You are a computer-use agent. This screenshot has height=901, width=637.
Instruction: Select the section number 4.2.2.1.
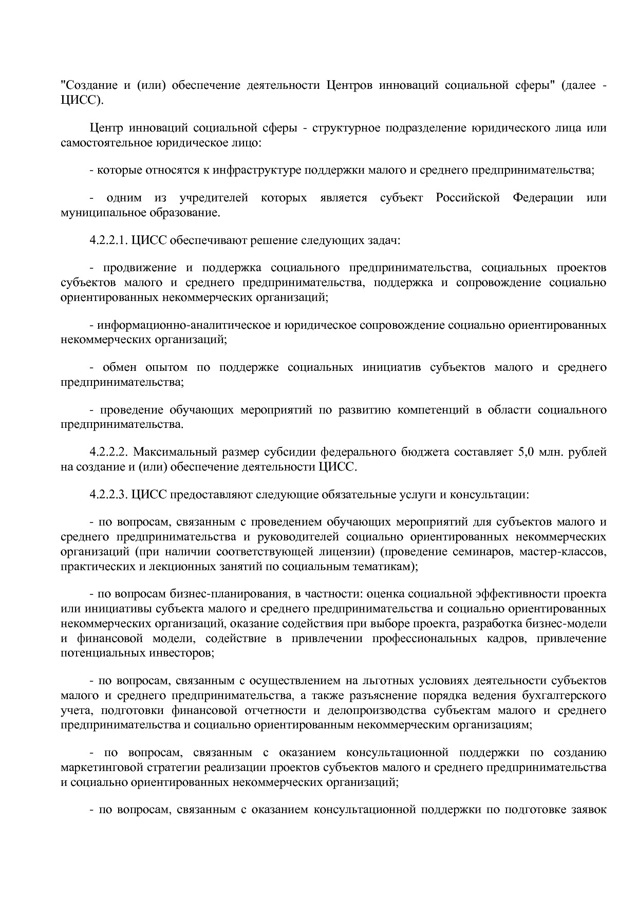(108, 240)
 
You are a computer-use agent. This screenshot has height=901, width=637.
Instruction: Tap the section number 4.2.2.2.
(108, 452)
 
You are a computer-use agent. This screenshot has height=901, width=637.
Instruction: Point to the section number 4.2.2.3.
(108, 495)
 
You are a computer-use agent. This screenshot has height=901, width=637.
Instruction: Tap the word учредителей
(214, 198)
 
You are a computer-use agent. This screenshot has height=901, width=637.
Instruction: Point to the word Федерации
(542, 198)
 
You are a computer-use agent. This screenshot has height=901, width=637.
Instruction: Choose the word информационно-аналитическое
(183, 325)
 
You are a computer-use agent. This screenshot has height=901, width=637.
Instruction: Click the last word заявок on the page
(589, 811)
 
